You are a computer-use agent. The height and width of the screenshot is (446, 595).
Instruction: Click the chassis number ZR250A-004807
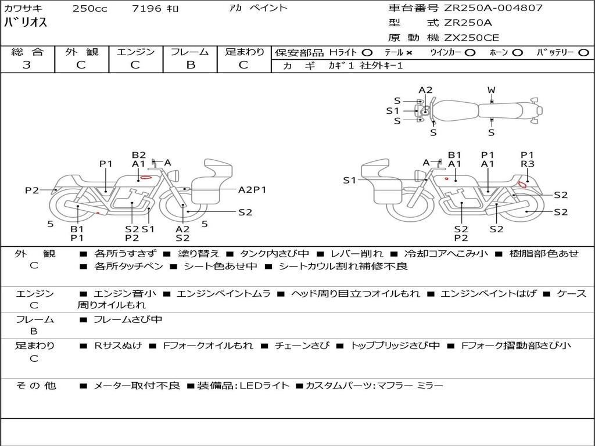point(493,8)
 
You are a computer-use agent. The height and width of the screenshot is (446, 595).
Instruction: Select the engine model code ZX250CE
point(471,38)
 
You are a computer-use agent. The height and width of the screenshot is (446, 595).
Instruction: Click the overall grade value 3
point(27,65)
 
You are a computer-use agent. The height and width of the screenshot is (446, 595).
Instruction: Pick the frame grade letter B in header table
point(191,65)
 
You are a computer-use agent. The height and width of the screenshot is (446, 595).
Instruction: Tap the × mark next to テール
point(408,53)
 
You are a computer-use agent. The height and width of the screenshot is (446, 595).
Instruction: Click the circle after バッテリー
point(583,53)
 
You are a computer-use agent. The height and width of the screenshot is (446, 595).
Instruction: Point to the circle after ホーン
point(517,53)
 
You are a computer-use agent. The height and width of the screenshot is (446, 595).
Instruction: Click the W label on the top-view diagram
point(492,90)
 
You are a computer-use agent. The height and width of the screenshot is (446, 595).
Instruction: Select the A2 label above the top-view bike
point(425,90)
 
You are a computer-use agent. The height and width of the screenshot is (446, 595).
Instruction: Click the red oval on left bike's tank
point(146,177)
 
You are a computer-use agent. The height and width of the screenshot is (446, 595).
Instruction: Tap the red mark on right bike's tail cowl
point(522,185)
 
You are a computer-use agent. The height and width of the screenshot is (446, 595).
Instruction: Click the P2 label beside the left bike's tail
point(32,190)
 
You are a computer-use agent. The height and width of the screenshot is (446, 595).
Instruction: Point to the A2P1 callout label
point(252,190)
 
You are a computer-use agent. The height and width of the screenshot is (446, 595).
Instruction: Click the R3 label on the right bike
point(528,164)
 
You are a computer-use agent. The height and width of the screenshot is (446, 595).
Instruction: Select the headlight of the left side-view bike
point(175,175)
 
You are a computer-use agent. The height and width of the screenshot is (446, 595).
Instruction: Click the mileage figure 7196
point(146,8)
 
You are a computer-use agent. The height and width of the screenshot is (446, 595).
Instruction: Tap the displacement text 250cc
point(90,8)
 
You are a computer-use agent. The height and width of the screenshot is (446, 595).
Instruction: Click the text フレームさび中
point(128,320)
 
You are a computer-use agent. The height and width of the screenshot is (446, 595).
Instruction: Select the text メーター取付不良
point(137,386)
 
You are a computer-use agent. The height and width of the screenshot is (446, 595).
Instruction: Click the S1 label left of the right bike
point(349,180)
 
